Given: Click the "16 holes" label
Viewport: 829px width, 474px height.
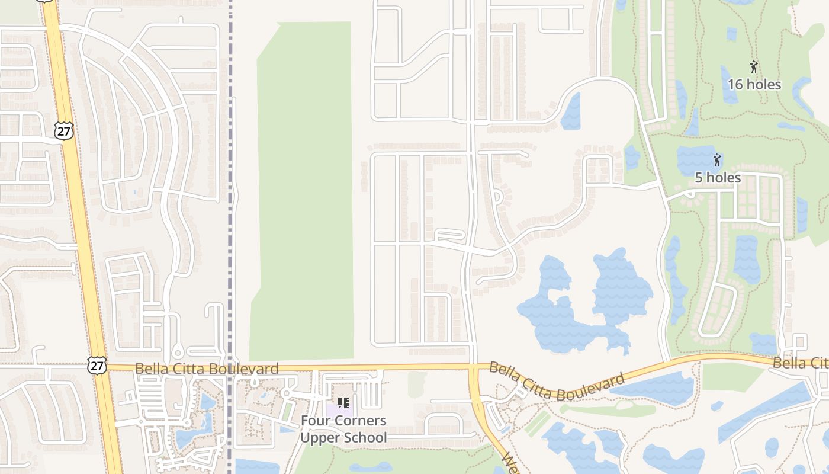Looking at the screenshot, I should [x=754, y=85].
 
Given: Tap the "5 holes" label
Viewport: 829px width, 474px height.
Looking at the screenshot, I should [x=717, y=178].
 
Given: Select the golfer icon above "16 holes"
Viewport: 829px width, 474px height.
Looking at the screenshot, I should [x=754, y=67].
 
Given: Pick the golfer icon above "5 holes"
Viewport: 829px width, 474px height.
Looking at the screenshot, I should [x=717, y=160].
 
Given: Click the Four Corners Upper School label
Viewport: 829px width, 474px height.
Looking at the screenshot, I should [x=343, y=429].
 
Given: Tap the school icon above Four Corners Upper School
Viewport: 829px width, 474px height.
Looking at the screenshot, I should [x=343, y=403].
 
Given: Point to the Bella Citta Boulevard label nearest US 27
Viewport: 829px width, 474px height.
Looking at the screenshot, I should [x=207, y=369].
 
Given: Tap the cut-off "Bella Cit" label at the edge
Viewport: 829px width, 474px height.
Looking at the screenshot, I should [x=799, y=363].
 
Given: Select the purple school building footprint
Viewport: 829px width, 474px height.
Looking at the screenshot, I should [x=339, y=408].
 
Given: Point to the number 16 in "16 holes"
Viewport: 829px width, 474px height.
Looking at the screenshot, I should [x=734, y=85].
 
